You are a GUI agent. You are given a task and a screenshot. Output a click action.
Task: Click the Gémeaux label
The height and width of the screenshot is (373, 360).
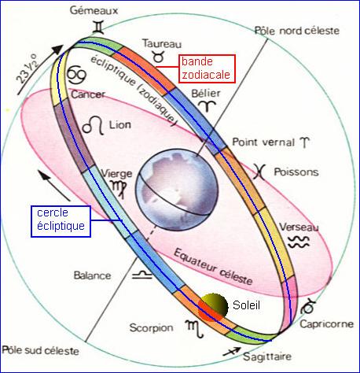click(94, 10)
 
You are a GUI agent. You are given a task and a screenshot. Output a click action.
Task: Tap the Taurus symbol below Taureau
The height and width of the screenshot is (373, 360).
click(159, 56)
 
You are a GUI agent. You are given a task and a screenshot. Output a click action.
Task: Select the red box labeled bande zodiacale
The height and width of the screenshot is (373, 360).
click(207, 68)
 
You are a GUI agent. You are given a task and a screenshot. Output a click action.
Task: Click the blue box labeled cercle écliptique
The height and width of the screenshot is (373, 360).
click(61, 221)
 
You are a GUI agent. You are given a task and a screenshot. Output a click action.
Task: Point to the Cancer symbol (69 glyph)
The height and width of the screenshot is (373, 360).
click(76, 76)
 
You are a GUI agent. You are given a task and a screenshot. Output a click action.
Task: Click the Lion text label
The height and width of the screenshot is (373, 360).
click(120, 125)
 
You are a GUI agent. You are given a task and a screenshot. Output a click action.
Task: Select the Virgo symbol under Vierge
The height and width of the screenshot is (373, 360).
click(119, 188)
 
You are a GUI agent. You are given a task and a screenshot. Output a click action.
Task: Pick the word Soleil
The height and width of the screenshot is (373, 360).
click(246, 305)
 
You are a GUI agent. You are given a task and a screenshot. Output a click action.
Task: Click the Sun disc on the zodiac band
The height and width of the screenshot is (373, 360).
click(212, 307)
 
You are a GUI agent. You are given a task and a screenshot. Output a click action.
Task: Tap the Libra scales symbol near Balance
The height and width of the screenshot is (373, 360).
click(141, 275)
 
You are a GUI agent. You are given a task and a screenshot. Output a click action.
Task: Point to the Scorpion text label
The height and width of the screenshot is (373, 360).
click(151, 328)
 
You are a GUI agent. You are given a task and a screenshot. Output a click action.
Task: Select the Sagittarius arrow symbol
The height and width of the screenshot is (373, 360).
click(231, 352)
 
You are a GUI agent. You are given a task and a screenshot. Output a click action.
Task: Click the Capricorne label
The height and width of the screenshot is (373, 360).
click(326, 324)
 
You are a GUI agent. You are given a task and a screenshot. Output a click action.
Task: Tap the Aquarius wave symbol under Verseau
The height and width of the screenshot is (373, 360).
click(299, 242)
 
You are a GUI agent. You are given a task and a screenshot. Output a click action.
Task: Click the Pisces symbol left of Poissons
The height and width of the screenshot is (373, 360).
click(259, 172)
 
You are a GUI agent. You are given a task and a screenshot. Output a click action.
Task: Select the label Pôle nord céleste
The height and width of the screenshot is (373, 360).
click(297, 31)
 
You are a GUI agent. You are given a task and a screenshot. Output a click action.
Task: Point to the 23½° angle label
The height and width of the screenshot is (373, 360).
click(27, 68)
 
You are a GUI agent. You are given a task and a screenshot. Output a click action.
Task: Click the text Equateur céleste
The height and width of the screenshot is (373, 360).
click(213, 267)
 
